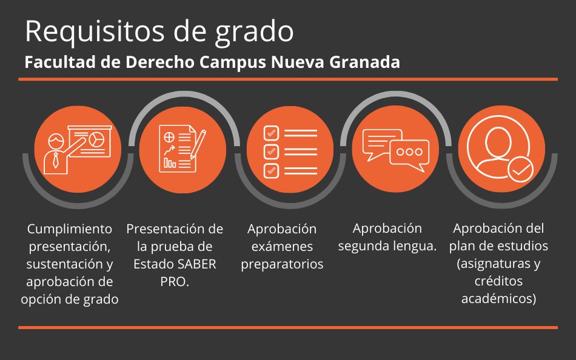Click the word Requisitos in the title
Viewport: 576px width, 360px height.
point(95,32)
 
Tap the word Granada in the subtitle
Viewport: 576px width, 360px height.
point(364,62)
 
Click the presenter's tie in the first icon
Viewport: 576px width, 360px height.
point(55,160)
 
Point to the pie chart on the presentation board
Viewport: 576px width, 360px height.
point(97,139)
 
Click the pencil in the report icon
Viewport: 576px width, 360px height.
point(198,144)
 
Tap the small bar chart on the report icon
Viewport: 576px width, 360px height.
point(170,163)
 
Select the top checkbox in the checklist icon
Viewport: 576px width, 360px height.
point(271,133)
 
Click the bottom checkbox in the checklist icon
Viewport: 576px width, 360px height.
point(271,171)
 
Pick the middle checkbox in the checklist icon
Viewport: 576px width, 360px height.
point(271,152)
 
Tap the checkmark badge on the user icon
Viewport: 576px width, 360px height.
point(521,169)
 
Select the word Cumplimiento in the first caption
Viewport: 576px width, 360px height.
point(70,229)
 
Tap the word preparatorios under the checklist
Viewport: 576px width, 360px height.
point(282,264)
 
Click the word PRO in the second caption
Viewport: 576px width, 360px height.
point(173,282)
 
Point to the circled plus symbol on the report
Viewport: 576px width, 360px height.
point(169,138)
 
